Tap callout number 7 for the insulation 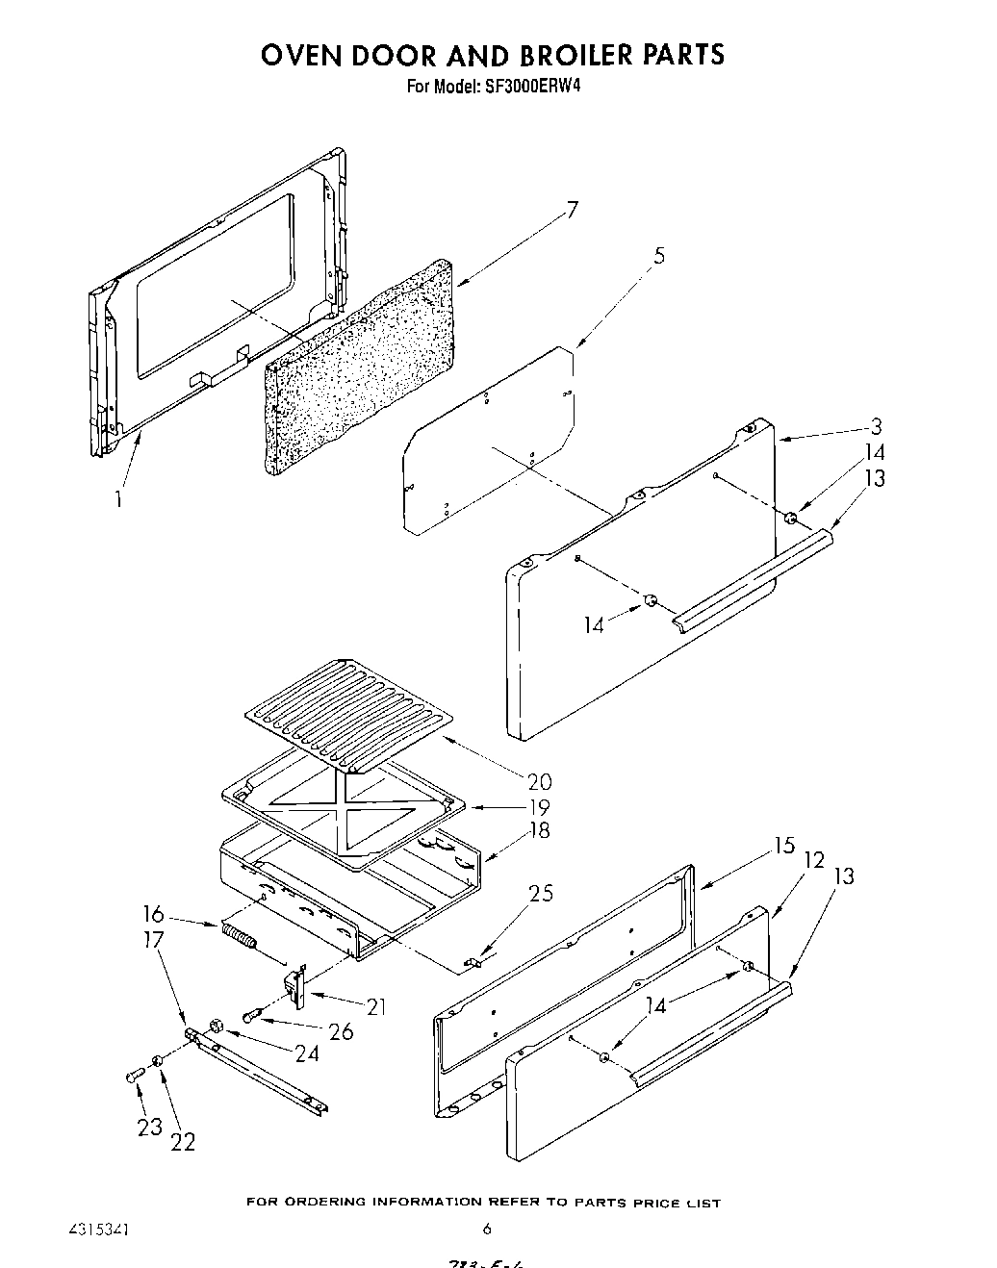point(572,210)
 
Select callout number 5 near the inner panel point(658,256)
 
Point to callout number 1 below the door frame point(118,499)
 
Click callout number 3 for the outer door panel point(876,427)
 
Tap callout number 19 point(539,806)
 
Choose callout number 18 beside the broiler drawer point(539,831)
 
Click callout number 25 point(541,894)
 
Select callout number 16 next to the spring point(153,914)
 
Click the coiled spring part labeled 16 point(239,933)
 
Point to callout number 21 point(376,1006)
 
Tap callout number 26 point(341,1031)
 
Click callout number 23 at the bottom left point(149,1127)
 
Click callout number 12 point(814,859)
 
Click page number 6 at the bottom point(487,1229)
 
